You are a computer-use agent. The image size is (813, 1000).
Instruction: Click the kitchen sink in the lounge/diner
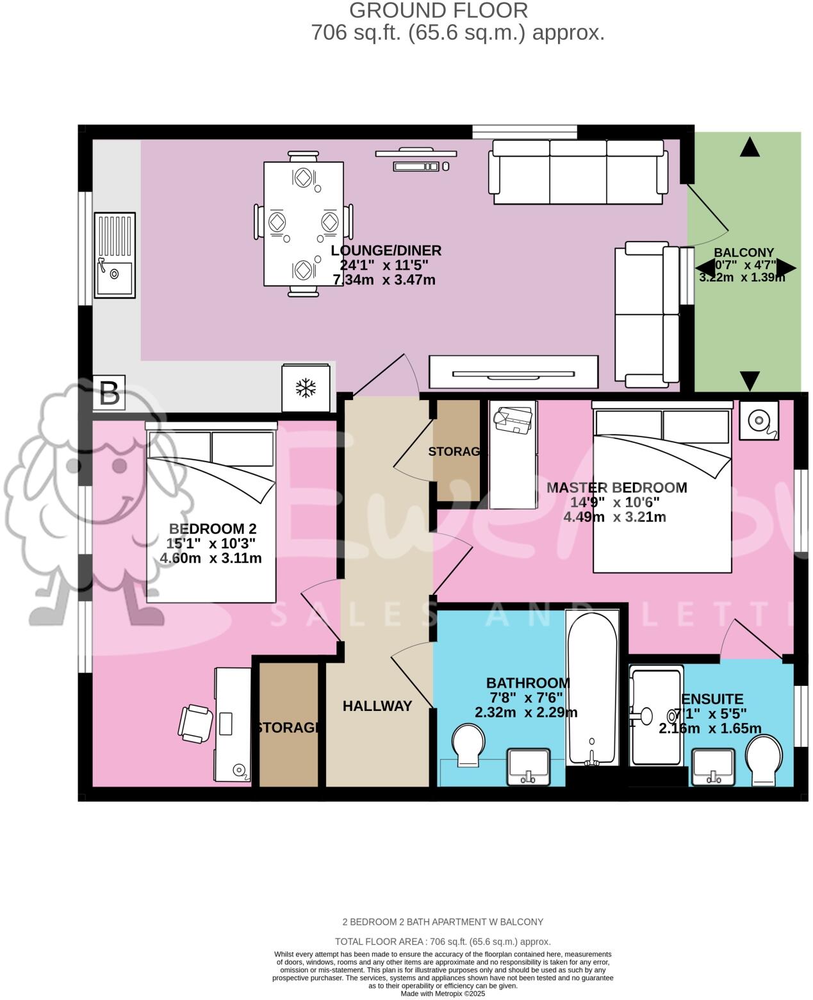[115, 255]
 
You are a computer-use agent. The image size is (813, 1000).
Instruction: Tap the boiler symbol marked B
[109, 392]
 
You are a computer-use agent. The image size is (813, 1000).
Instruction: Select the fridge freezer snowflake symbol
[306, 388]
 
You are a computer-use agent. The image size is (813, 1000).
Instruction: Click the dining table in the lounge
[303, 223]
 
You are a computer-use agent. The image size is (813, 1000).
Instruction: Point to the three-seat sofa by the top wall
[577, 172]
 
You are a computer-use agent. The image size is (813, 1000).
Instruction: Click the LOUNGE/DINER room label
[386, 251]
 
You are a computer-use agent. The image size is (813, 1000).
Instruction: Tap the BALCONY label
[744, 253]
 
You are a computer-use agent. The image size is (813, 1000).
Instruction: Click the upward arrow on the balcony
[750, 147]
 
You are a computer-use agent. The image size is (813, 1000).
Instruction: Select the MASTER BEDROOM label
[616, 488]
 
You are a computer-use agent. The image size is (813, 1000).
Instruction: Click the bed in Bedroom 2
[211, 516]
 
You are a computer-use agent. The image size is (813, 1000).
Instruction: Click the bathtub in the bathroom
[591, 688]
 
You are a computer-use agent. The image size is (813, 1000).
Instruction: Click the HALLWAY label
[377, 706]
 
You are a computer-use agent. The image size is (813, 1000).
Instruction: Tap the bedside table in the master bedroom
[759, 421]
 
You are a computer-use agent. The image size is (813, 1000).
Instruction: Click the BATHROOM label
[527, 683]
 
